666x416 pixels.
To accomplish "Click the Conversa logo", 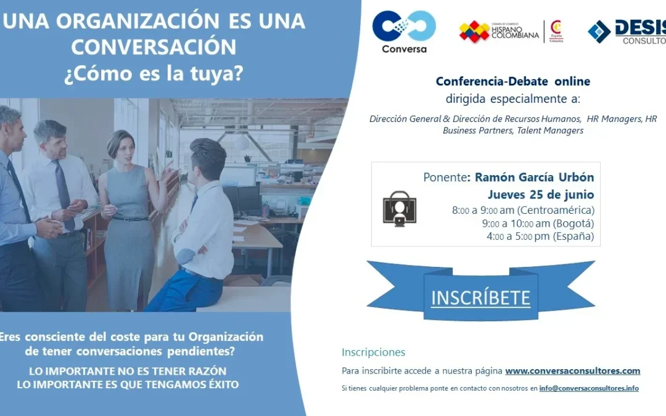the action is (x=404, y=32).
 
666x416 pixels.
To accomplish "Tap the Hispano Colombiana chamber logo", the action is (x=512, y=32).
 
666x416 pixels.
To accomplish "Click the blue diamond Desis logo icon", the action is (x=599, y=32).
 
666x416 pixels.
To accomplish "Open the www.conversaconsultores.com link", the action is (x=572, y=370).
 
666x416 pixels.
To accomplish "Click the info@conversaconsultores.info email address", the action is (x=589, y=388).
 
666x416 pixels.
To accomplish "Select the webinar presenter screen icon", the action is (x=399, y=208).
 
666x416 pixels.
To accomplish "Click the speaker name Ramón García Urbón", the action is (x=534, y=177).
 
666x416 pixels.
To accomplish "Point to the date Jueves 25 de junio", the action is (x=541, y=194).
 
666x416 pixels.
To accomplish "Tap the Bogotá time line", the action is (x=538, y=223).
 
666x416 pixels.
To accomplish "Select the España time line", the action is (x=540, y=236).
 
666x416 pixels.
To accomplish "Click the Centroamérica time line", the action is (x=524, y=210).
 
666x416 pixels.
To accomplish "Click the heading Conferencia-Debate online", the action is (x=513, y=81).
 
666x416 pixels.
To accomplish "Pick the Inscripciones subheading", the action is (x=373, y=353).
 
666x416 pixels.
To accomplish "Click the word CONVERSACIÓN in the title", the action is (x=154, y=47).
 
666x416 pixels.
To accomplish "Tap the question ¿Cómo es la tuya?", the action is (x=154, y=73).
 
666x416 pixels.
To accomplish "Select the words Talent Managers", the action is (x=550, y=130).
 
